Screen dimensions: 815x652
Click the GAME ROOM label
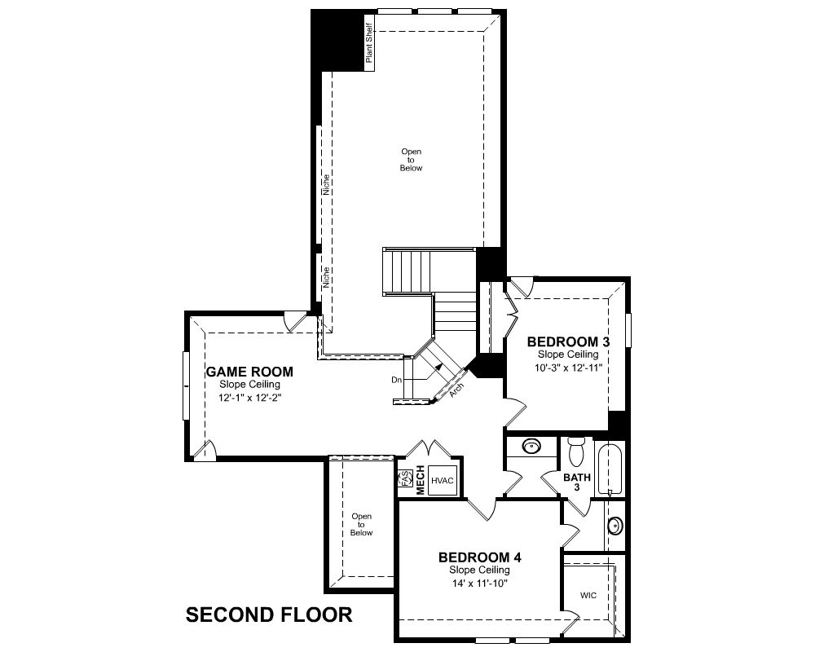[249, 372]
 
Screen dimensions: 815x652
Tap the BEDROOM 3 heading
[568, 341]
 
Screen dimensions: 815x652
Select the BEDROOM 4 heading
[480, 557]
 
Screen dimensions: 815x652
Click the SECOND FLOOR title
[269, 615]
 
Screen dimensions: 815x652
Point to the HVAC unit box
[443, 480]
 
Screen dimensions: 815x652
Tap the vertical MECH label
[420, 480]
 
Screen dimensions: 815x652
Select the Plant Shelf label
[369, 42]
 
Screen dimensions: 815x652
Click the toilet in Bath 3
[576, 452]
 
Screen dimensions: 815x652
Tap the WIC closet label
[588, 595]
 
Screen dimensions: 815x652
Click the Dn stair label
[397, 380]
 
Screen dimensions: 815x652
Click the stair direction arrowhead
[439, 367]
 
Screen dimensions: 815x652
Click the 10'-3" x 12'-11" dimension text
[568, 368]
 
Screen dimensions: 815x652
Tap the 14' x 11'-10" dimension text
[480, 583]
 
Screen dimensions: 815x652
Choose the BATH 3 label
[577, 482]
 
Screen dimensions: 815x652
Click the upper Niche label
[326, 184]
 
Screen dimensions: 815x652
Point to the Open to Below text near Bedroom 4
[361, 525]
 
